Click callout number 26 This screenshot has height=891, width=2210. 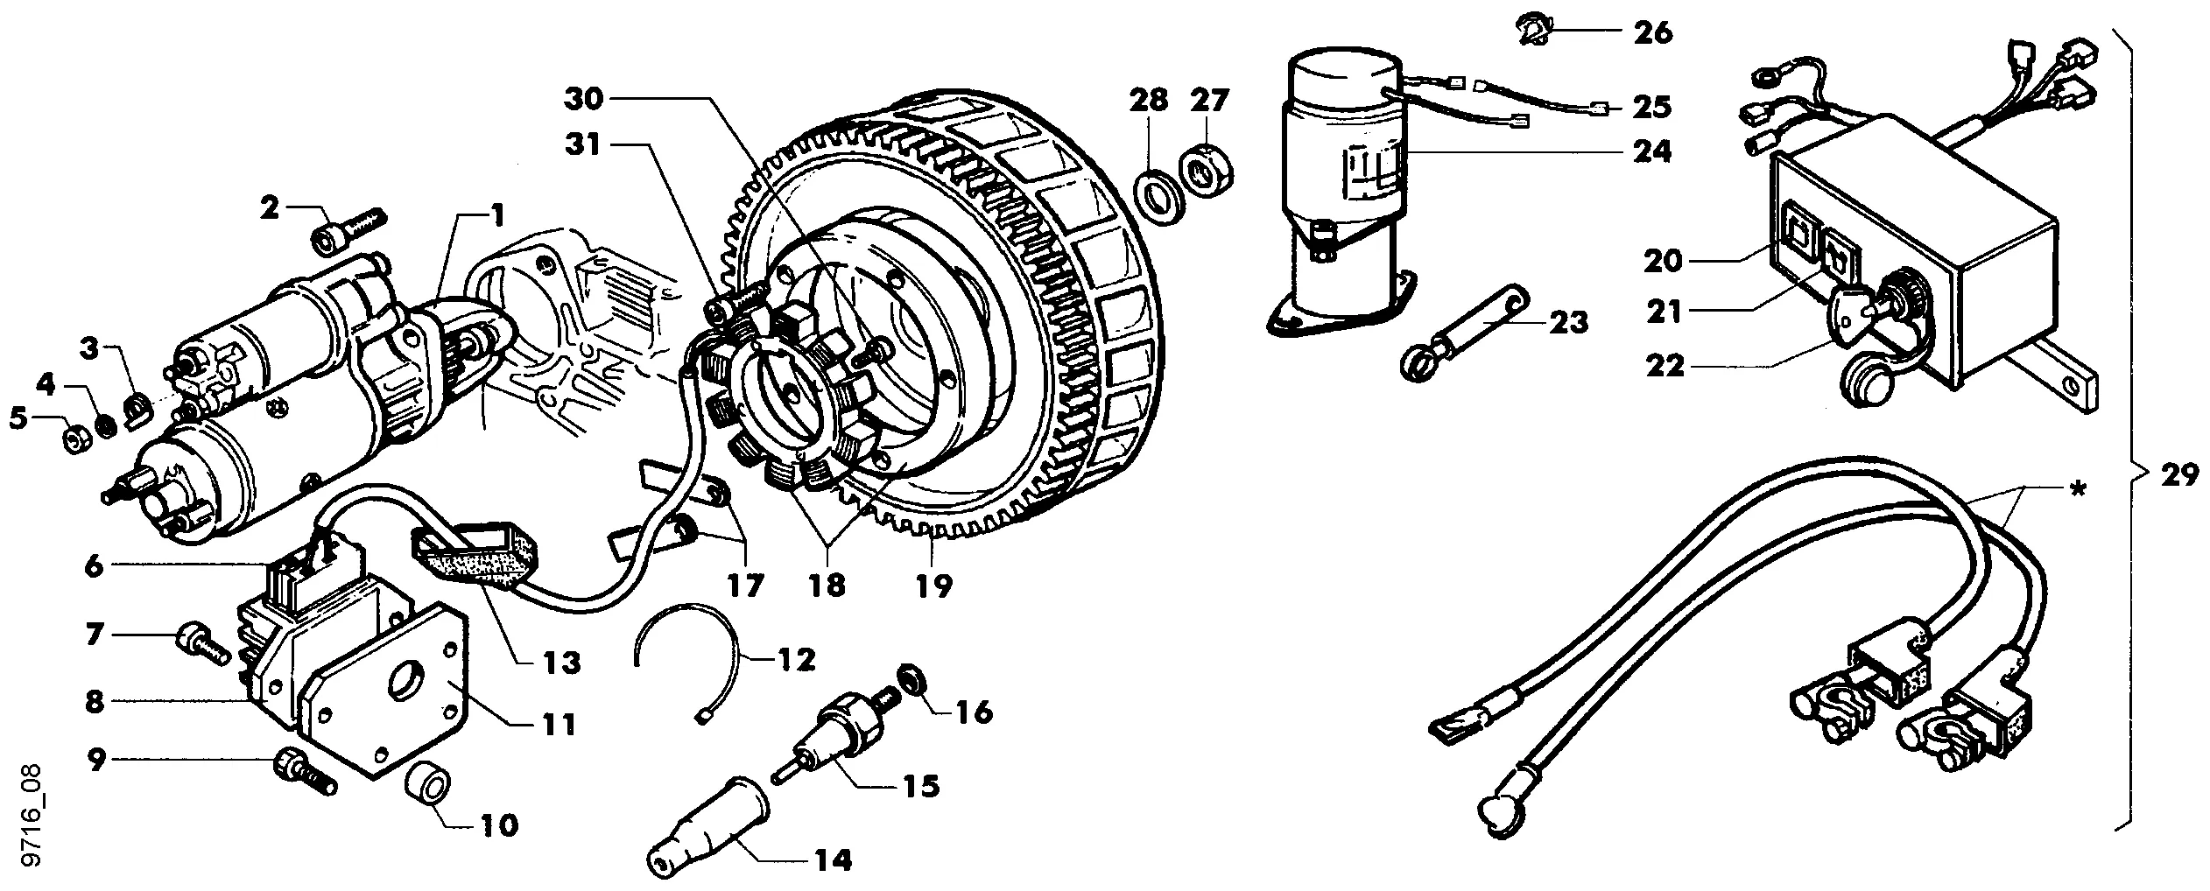[1651, 33]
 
